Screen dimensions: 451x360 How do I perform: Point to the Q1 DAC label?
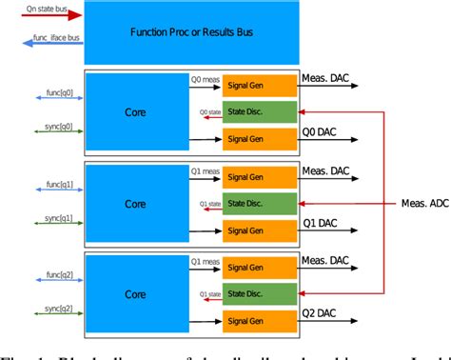coord(321,223)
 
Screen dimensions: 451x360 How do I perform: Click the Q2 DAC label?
coord(321,313)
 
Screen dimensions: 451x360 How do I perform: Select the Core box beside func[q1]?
coord(135,204)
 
